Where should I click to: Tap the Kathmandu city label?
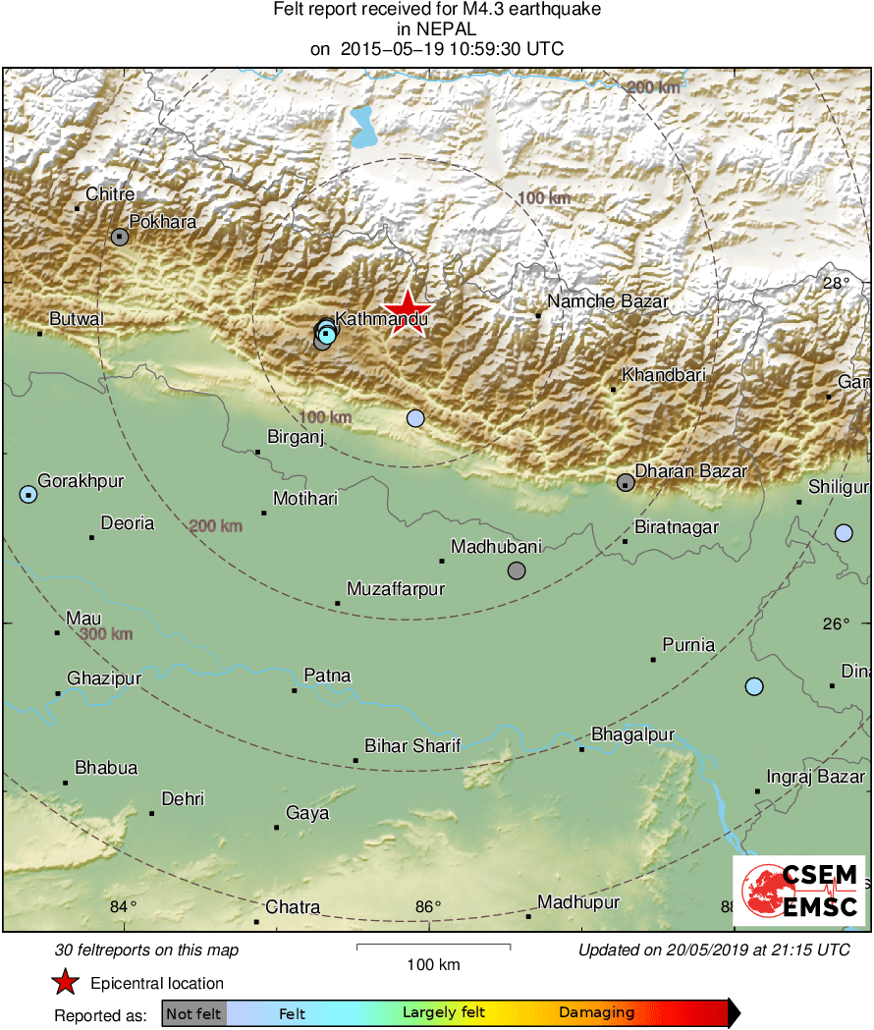coord(382,319)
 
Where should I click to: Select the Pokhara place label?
coord(163,222)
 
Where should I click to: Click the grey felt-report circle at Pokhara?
coord(120,237)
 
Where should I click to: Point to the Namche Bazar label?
coord(607,301)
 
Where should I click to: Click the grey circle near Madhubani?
coord(517,570)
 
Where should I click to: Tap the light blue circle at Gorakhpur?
coord(27,494)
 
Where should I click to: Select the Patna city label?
coord(327,676)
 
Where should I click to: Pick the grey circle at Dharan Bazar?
coord(626,482)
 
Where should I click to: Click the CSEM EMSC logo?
coord(799,892)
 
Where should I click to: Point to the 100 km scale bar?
coord(433,947)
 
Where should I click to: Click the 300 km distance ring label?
coord(106,634)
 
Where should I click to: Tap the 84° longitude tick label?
coord(124,906)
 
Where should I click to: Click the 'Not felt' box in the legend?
coord(193,1013)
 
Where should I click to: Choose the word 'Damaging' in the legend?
coord(596,1013)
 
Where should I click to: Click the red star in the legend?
coord(66,983)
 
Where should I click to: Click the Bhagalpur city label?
coord(632,734)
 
